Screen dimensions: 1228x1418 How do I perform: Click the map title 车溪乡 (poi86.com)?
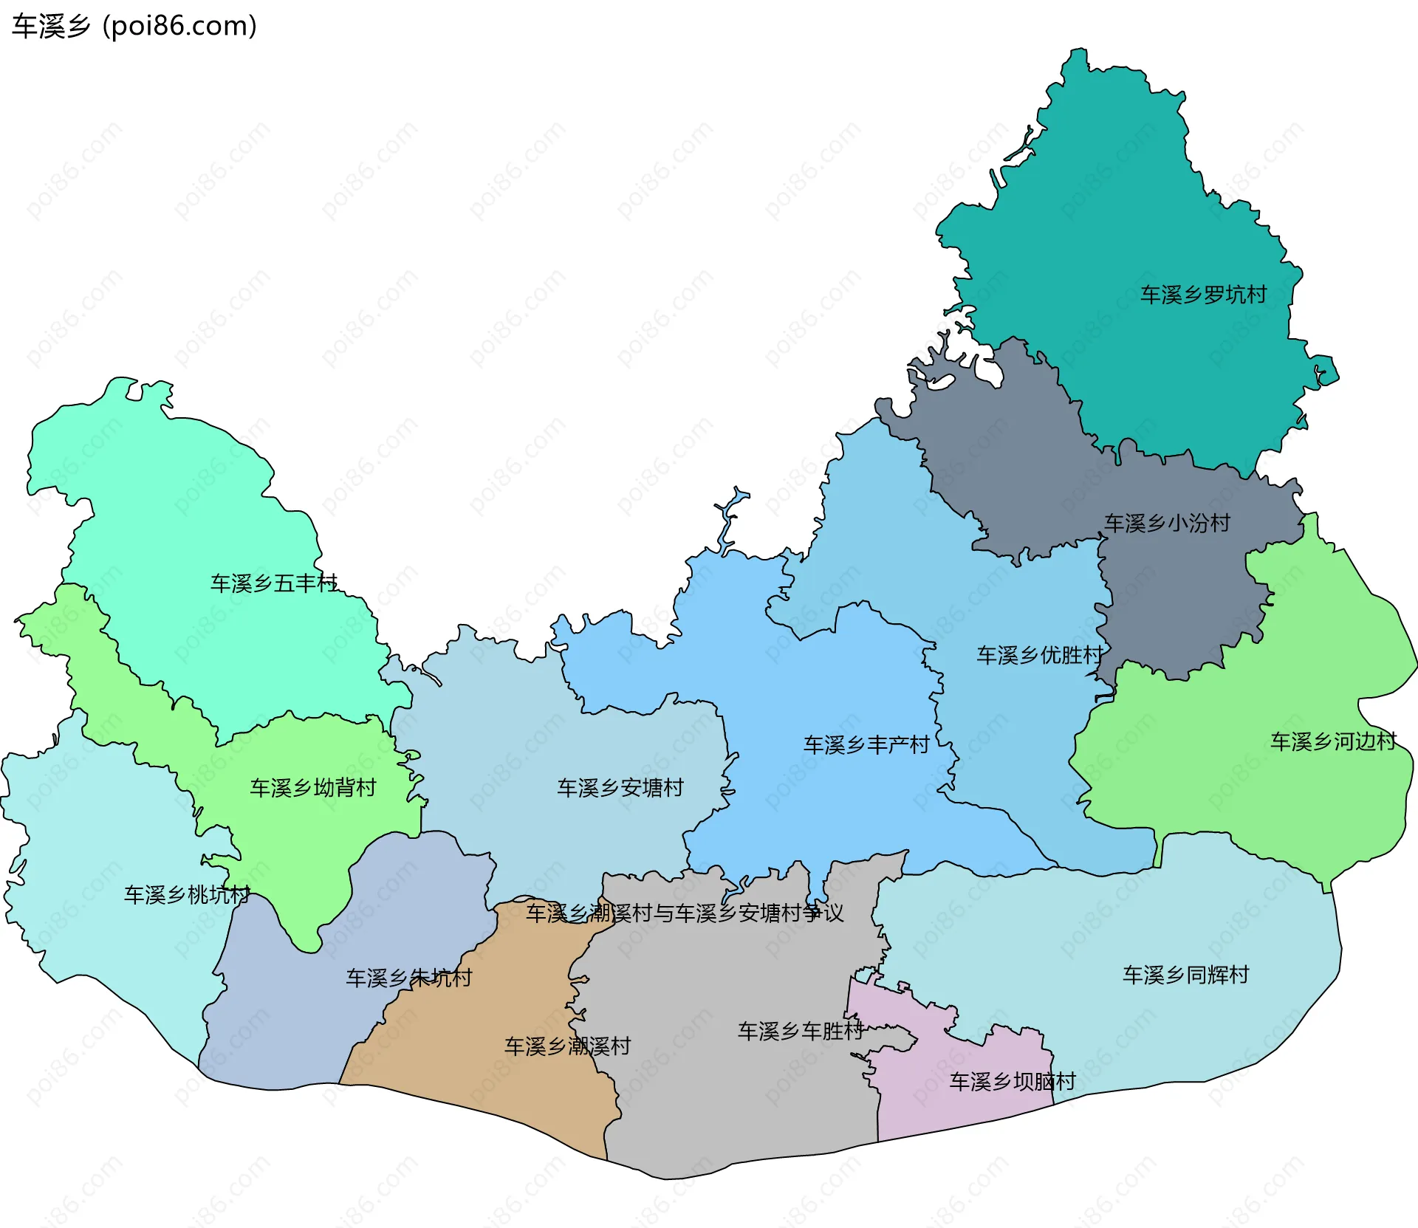tap(134, 27)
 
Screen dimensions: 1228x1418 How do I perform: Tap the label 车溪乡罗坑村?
tap(1203, 295)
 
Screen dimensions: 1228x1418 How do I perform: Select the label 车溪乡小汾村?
tap(1167, 523)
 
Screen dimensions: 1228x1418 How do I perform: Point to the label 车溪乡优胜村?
tap(1040, 655)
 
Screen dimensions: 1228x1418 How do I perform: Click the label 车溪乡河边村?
tap(1333, 741)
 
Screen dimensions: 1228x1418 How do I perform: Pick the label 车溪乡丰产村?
tap(866, 744)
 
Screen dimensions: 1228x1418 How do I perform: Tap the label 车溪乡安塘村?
tap(620, 788)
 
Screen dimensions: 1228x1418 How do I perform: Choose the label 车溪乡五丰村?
tap(274, 583)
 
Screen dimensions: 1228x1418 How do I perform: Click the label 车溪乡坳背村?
tap(313, 788)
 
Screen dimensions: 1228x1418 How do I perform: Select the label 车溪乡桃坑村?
tap(187, 895)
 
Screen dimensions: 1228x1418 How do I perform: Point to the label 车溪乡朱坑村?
tap(409, 978)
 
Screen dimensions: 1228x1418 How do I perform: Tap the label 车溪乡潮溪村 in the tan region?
tap(567, 1046)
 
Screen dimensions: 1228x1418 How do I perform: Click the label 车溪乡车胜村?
tap(801, 1031)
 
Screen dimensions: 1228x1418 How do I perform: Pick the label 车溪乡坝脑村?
tap(1013, 1082)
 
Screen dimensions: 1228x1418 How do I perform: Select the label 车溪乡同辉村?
tap(1185, 975)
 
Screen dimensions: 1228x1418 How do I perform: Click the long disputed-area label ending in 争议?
tap(685, 913)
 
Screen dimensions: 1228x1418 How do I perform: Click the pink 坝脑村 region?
tap(960, 1108)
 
